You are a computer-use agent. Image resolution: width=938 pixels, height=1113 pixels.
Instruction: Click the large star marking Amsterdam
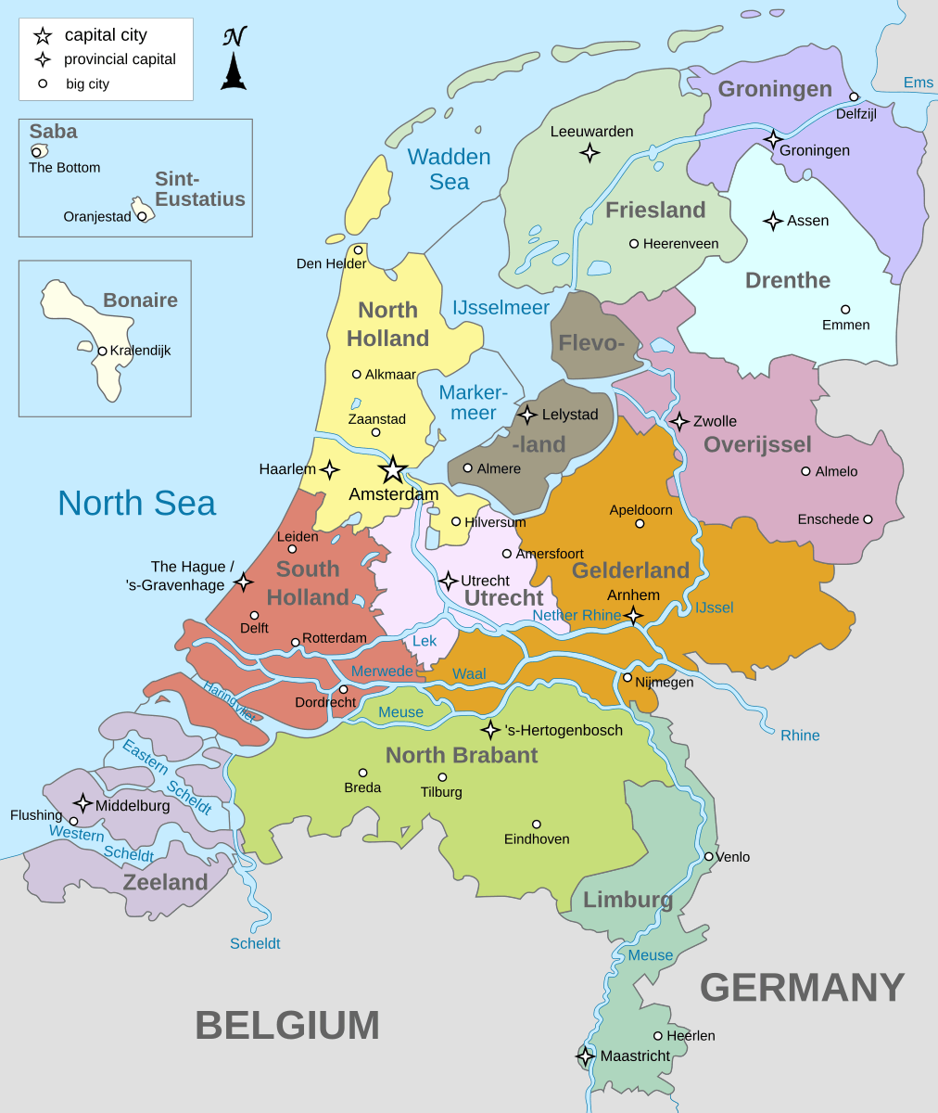[x=393, y=469]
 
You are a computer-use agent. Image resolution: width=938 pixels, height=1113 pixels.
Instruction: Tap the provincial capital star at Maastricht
[x=586, y=1055]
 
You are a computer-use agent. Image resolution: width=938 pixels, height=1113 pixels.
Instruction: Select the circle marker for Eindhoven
[x=536, y=824]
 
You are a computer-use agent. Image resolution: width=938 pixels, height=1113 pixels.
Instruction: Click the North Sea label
[x=136, y=503]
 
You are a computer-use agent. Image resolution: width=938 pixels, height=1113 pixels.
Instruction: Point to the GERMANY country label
[x=802, y=987]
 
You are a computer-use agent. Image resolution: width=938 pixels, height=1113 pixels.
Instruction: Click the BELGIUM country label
[x=287, y=1025]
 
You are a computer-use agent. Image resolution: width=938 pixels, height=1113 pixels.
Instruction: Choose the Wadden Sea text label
[x=450, y=169]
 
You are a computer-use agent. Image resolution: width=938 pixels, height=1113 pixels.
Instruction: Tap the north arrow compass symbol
[x=234, y=61]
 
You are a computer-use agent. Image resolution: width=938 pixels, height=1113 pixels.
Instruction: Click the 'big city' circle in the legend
[x=42, y=83]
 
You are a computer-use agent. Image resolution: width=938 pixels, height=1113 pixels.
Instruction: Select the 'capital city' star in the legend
[x=43, y=36]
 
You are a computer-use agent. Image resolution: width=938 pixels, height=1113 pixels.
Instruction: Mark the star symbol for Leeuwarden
[x=589, y=153]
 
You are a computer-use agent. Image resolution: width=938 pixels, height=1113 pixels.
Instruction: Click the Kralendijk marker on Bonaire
[x=102, y=351]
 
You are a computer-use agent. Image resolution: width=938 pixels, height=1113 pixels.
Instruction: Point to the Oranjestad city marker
[x=142, y=216]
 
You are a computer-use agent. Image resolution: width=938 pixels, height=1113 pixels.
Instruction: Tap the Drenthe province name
[x=787, y=280]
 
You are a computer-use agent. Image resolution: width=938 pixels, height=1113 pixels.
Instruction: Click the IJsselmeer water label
[x=501, y=307]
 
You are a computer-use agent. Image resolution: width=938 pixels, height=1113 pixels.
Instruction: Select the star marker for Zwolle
[x=679, y=421]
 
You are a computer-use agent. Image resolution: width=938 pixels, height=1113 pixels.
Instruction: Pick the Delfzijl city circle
[x=854, y=96]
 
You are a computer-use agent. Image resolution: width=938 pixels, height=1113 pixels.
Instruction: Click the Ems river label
[x=918, y=83]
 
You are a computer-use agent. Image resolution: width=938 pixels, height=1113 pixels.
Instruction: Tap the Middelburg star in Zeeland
[x=82, y=803]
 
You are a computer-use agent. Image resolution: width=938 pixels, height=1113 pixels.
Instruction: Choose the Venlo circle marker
[x=708, y=856]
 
